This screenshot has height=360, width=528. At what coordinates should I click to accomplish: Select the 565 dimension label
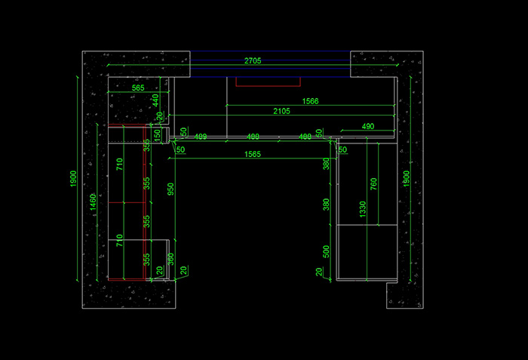(138, 88)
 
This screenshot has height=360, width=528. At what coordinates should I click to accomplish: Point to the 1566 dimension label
(310, 101)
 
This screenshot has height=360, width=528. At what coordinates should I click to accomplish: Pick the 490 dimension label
(368, 126)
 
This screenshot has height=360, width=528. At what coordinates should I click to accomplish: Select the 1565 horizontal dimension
(253, 154)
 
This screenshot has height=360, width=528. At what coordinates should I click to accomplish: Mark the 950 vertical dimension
(170, 189)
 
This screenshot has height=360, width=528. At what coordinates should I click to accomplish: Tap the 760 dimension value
(374, 183)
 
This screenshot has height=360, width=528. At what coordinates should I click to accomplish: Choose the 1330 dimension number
(363, 209)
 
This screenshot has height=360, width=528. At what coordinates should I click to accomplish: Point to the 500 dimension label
(326, 251)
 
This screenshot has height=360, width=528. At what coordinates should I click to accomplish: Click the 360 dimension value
(170, 258)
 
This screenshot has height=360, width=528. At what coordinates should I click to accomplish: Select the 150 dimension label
(157, 134)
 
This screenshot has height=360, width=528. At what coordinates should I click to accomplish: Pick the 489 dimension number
(201, 137)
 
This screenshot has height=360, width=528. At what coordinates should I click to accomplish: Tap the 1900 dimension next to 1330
(407, 180)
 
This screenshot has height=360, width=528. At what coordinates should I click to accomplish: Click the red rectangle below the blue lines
(269, 82)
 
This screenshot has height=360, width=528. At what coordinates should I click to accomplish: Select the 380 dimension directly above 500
(326, 205)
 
